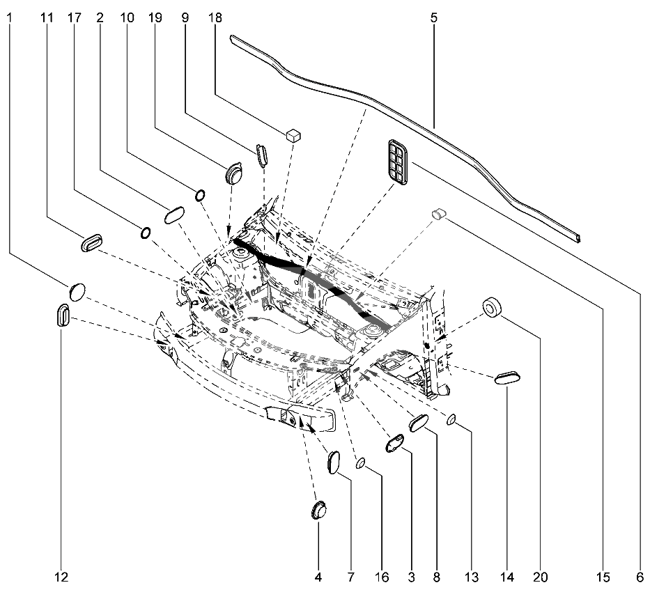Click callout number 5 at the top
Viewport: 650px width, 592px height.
coord(433,18)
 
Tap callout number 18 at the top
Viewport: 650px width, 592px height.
coord(215,18)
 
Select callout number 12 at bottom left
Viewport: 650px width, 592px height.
coord(61,577)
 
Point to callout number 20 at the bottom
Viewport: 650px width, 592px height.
coord(540,577)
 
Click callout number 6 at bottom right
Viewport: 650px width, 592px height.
coord(640,577)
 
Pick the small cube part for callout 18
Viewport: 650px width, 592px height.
coord(293,135)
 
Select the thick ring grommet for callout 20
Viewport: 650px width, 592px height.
coord(492,307)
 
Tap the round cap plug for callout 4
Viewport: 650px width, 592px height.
coord(319,510)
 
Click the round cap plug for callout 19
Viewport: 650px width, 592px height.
coord(234,173)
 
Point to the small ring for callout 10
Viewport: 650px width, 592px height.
coord(200,195)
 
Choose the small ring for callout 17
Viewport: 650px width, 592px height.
coord(146,233)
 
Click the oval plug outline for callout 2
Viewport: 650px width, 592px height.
coord(175,215)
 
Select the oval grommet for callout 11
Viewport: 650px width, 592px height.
coord(92,242)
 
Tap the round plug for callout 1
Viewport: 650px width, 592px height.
coord(77,292)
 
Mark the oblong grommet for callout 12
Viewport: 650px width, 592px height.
coord(63,315)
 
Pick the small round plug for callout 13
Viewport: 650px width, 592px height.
coord(451,420)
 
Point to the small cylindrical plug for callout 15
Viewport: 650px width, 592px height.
coord(438,213)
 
